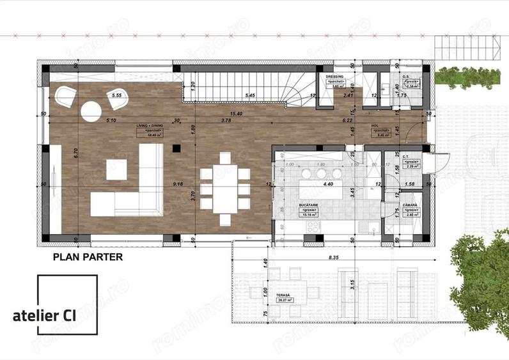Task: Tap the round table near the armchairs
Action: pyautogui.click(x=91, y=111)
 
